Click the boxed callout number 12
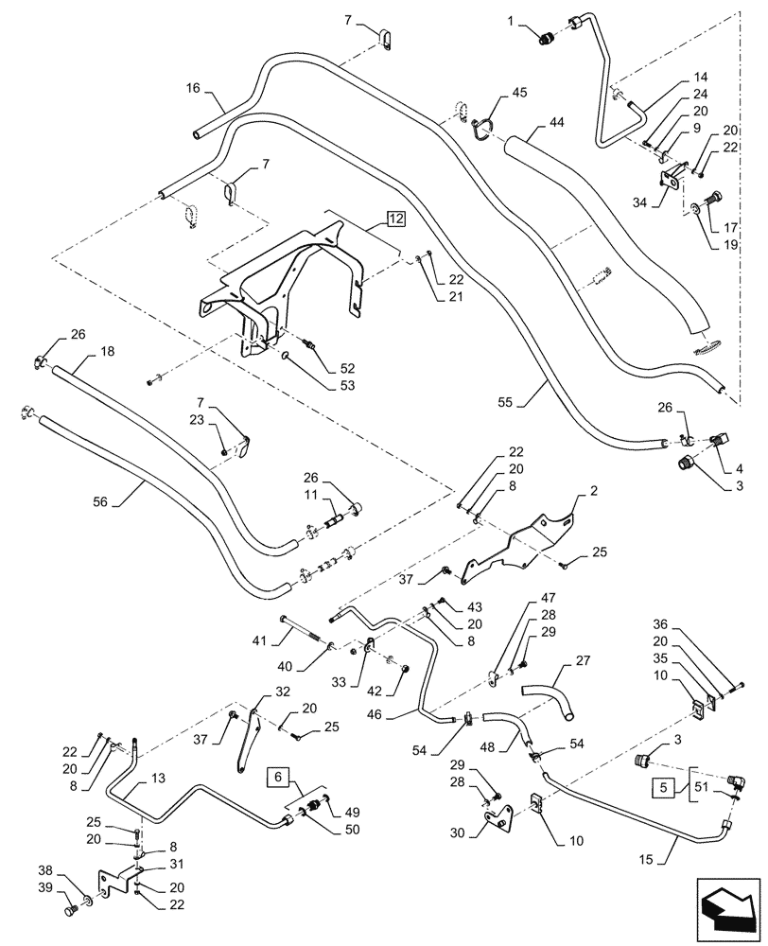tap(395, 219)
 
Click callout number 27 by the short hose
tap(583, 661)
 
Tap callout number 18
tap(107, 351)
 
